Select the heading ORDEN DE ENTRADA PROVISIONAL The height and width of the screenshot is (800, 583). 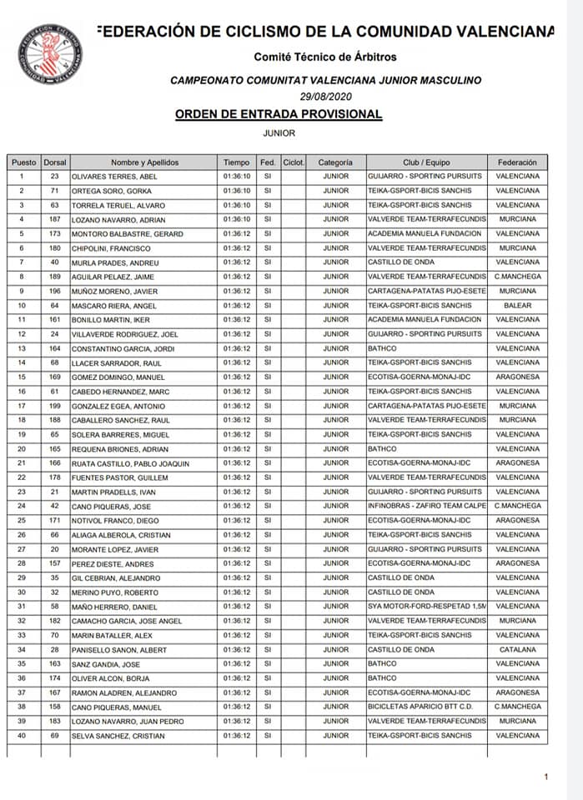point(279,114)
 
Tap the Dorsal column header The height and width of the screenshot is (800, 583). point(54,162)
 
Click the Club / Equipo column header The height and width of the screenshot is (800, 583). point(426,162)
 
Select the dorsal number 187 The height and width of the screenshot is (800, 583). point(54,219)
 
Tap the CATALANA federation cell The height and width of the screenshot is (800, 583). point(517,650)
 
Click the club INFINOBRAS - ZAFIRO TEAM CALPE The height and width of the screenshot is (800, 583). point(426,506)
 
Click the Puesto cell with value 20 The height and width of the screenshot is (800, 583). point(23,448)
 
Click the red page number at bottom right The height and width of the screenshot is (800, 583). point(545,777)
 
